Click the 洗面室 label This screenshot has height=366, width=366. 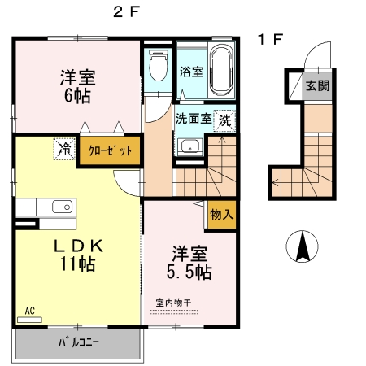(x=194, y=118)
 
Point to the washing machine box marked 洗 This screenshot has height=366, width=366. (x=224, y=118)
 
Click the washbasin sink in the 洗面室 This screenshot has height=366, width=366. (x=190, y=147)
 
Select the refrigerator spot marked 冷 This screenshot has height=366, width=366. (x=63, y=149)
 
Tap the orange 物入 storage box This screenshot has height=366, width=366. (x=221, y=214)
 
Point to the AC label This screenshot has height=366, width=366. (x=29, y=311)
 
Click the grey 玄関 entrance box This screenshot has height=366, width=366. (x=316, y=85)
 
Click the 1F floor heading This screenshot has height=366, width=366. (x=271, y=39)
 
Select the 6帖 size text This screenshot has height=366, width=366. (x=78, y=94)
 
